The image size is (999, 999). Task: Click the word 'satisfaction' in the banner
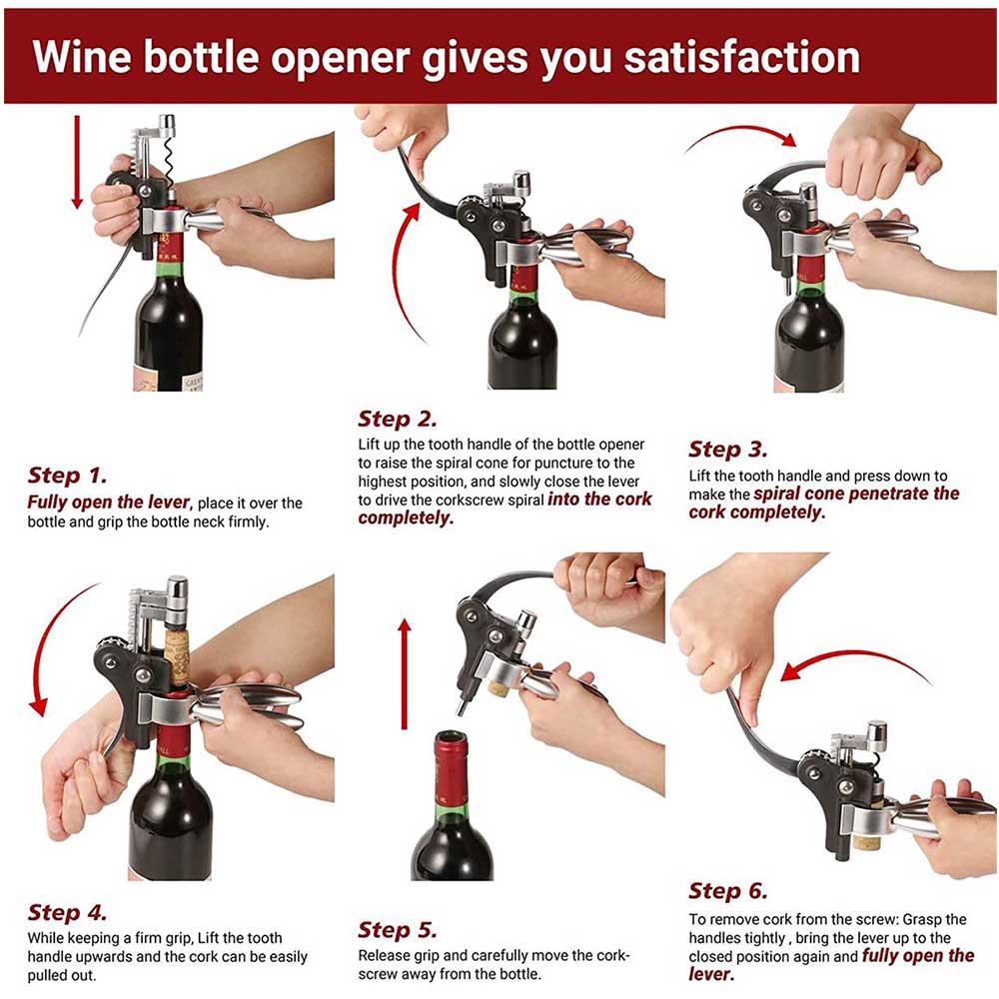pos(741,56)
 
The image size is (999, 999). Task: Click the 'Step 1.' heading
pos(67,476)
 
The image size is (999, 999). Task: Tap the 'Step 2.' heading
pos(398,420)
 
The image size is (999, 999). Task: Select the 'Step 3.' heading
pos(728,450)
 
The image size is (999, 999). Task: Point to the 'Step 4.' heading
pos(67,912)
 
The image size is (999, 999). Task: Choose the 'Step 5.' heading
pos(398,930)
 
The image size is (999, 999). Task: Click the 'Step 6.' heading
pos(728,891)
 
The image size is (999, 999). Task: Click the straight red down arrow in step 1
pos(77,162)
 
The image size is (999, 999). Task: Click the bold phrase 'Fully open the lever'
pos(108,502)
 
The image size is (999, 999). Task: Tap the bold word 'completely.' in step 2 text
pos(406,517)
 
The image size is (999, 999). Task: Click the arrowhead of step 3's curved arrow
pos(788,138)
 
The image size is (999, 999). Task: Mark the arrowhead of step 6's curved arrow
pos(792,671)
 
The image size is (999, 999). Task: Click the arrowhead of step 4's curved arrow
pos(39,706)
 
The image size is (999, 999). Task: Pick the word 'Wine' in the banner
pos(82,56)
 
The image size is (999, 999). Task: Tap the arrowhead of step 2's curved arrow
pos(413,212)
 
